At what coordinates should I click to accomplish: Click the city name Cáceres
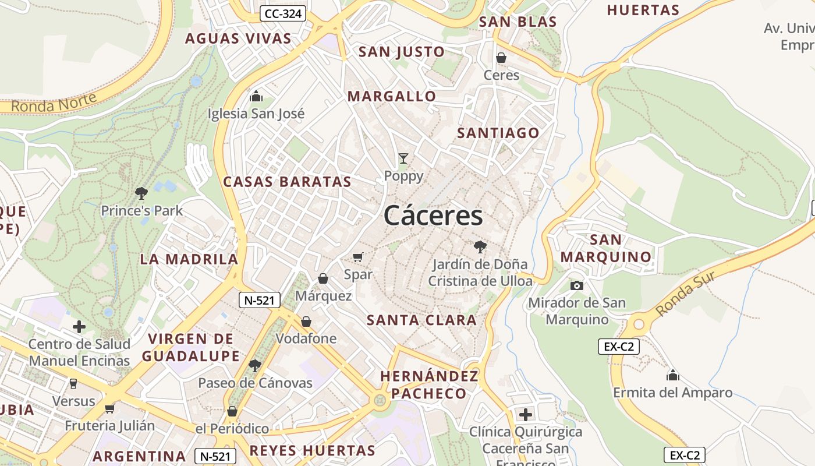click(x=433, y=216)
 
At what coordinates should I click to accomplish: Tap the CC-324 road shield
click(x=283, y=13)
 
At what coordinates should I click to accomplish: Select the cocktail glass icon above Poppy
click(x=403, y=158)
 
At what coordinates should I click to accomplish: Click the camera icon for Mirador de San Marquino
click(x=577, y=285)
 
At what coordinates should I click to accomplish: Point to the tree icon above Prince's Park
click(x=141, y=193)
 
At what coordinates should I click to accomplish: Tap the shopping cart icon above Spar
click(x=358, y=257)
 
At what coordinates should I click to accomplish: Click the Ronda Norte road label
click(x=54, y=103)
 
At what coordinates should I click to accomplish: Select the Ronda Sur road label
click(x=685, y=294)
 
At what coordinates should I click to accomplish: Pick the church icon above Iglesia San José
click(x=256, y=96)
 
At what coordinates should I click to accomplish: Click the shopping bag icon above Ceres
click(x=501, y=58)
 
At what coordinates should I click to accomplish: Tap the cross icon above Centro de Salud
click(x=79, y=327)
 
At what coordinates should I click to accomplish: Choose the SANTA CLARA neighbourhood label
click(x=421, y=320)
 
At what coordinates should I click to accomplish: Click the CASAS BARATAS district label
click(x=287, y=182)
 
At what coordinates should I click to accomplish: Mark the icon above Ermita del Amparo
click(x=672, y=375)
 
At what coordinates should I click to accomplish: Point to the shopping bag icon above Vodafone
click(x=306, y=322)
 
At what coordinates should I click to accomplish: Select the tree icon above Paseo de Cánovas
click(x=254, y=366)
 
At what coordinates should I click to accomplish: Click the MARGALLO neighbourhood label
click(x=391, y=97)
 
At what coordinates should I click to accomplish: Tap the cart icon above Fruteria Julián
click(x=109, y=408)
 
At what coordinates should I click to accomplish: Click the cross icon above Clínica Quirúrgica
click(x=525, y=415)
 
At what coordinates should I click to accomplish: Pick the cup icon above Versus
click(x=73, y=383)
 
